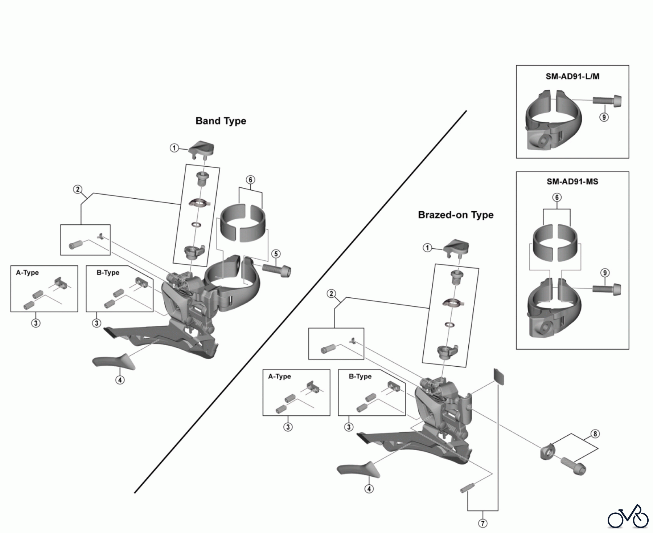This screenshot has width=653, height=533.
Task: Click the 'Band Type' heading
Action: pos(221,121)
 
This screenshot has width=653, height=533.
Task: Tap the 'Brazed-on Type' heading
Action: pos(456,215)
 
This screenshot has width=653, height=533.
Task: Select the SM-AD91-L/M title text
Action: pos(572,76)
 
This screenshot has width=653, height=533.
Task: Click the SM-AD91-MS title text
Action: pos(572,182)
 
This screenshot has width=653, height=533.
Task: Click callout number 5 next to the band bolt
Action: pos(276,254)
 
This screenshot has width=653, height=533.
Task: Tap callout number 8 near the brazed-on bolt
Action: pos(595,434)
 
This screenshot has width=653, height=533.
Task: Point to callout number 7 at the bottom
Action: pos(483,523)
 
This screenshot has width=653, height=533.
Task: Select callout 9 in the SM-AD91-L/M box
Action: pos(604,117)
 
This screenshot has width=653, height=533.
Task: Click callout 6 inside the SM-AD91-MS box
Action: pos(557,197)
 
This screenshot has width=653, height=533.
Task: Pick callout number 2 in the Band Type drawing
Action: pos(77,189)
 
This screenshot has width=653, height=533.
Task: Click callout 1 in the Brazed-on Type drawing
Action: pos(427,248)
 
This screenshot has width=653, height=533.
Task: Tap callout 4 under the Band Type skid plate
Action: pos(120,380)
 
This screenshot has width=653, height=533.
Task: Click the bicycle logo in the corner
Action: pos(628,516)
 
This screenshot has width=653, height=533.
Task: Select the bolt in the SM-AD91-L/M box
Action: pos(607,100)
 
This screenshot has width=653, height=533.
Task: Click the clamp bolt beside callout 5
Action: pos(276,270)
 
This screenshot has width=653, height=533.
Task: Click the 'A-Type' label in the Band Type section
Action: pos(27,273)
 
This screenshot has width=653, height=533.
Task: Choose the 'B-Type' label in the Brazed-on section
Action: pos(360,377)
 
